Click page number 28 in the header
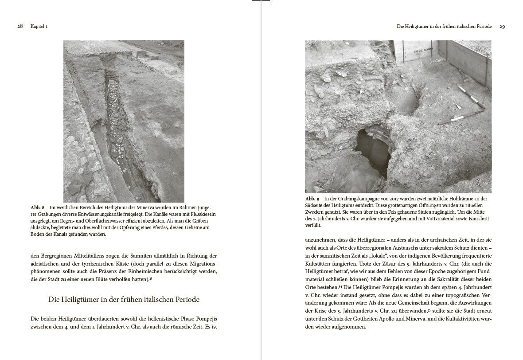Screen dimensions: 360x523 click(x=20, y=27)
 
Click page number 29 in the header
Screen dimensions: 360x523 click(x=502, y=27)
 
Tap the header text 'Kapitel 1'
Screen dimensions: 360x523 click(x=39, y=27)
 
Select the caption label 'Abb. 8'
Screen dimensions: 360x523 click(x=38, y=207)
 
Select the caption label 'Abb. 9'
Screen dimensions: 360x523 click(x=312, y=199)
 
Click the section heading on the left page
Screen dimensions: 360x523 click(x=124, y=300)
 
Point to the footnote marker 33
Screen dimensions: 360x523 click(x=151, y=278)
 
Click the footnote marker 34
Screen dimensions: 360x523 click(x=341, y=286)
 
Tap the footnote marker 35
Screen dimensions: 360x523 click(x=429, y=310)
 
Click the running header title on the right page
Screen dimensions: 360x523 click(x=444, y=27)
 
